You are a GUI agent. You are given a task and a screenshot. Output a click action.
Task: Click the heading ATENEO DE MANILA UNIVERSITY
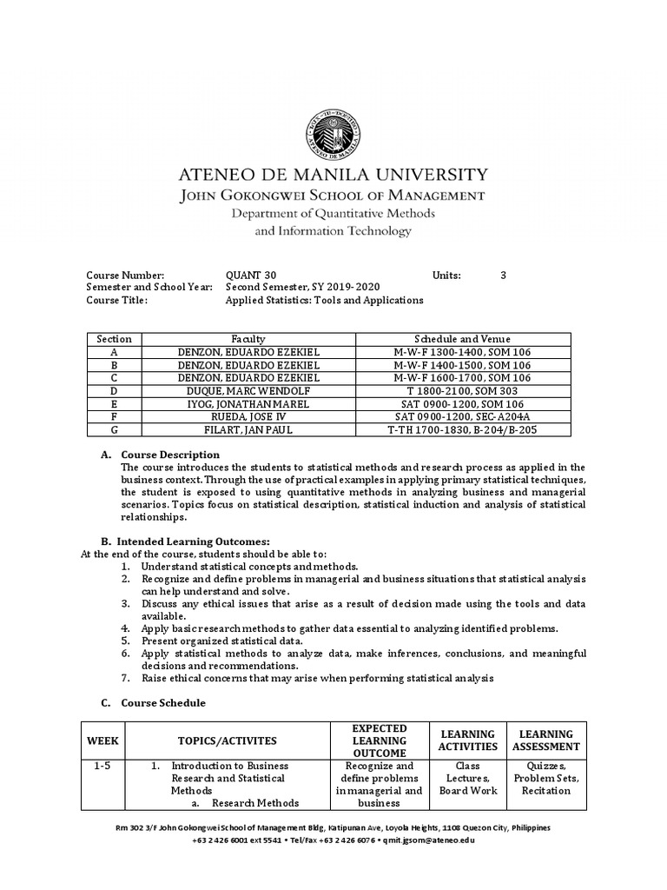[x=333, y=175]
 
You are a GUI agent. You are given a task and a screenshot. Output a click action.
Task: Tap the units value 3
[x=503, y=275]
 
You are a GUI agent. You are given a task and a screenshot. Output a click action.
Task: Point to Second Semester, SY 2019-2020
[x=302, y=287]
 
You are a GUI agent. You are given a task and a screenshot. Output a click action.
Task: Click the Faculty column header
[x=248, y=339]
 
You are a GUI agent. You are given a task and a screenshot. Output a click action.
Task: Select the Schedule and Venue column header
[x=462, y=339]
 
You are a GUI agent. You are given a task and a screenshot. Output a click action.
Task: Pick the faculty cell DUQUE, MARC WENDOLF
[x=248, y=391]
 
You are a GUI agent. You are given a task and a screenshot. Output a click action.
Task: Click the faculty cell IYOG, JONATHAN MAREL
[x=248, y=404]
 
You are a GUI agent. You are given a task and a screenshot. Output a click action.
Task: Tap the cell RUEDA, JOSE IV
[x=248, y=417]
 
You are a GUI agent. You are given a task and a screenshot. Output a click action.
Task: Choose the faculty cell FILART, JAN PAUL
[x=248, y=429]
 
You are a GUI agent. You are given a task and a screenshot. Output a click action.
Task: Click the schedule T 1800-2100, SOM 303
[x=462, y=391]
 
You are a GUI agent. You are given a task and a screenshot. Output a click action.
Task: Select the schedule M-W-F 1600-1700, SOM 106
[x=462, y=378]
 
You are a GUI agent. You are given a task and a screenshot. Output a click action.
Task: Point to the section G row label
[x=114, y=429]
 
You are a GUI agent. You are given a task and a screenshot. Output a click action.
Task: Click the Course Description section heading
[x=170, y=455]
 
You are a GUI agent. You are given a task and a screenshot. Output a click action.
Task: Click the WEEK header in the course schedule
[x=102, y=741]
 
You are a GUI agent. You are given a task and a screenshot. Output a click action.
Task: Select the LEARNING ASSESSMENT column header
[x=545, y=741]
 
